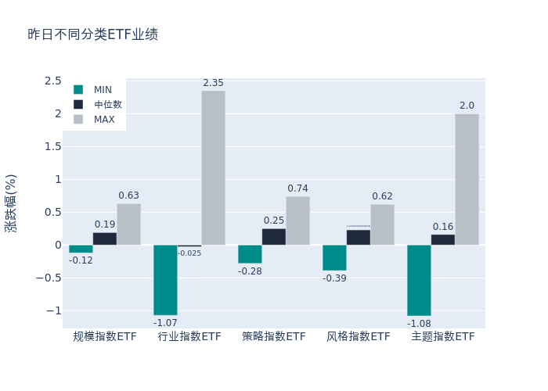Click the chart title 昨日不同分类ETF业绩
click(x=92, y=34)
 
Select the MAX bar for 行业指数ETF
click(x=213, y=167)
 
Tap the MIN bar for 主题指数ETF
click(x=419, y=280)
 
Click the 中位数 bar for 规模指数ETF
click(x=105, y=239)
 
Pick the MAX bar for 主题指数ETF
click(x=467, y=179)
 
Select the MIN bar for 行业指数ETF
click(x=165, y=280)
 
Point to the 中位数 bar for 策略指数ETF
click(x=274, y=236)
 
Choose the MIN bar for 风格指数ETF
click(x=334, y=257)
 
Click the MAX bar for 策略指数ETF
click(x=297, y=221)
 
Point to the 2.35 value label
click(x=213, y=83)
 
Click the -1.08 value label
click(x=419, y=322)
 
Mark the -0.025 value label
click(x=189, y=253)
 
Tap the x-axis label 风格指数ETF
click(x=359, y=337)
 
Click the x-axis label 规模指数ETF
click(x=105, y=337)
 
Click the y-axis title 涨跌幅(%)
click(x=11, y=203)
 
